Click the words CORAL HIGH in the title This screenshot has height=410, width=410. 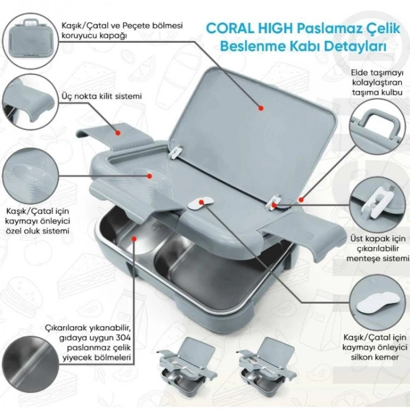[x=250, y=29]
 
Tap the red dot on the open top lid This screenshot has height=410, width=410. [x=261, y=108]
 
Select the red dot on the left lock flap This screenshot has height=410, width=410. [x=118, y=133]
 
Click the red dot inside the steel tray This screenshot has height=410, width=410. [x=134, y=238]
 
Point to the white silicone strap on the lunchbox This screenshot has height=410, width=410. [x=200, y=203]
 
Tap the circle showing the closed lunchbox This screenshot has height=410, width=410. [x=30, y=42]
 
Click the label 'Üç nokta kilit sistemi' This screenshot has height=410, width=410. [x=102, y=97]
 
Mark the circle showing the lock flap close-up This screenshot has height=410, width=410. [x=29, y=102]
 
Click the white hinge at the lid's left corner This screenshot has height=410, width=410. [x=177, y=152]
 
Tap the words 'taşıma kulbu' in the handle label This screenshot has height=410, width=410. [x=377, y=93]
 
